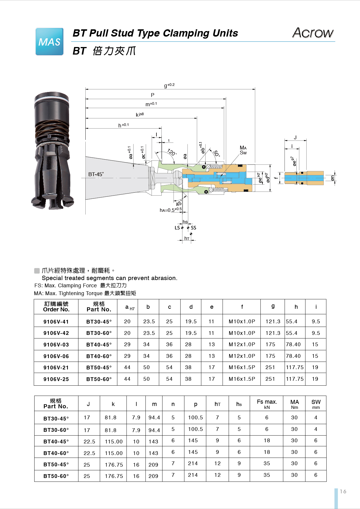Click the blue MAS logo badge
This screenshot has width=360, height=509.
[x=49, y=42]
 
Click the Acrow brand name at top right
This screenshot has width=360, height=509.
[x=313, y=33]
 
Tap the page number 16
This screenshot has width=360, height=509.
[x=343, y=491]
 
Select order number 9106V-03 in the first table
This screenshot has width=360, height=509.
[x=56, y=345]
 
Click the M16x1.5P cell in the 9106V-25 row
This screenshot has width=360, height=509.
[x=242, y=379]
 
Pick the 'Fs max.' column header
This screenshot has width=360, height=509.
[x=267, y=404]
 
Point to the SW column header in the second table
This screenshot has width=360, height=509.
[x=316, y=404]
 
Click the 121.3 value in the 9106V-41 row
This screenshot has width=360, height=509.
[x=273, y=322]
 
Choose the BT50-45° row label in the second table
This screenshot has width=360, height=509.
[x=56, y=465]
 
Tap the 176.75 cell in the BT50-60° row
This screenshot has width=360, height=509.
[x=114, y=476]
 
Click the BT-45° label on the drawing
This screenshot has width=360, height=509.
[x=96, y=174]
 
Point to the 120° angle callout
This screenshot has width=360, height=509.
[x=172, y=152]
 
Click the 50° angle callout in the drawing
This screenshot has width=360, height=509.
[x=217, y=154]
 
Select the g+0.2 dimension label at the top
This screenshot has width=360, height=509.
[x=169, y=85]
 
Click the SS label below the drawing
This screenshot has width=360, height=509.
[x=193, y=228]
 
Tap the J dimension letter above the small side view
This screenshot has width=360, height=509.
[x=295, y=138]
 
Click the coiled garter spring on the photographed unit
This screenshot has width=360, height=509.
[x=52, y=143]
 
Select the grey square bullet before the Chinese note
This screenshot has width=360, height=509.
[x=37, y=271]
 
